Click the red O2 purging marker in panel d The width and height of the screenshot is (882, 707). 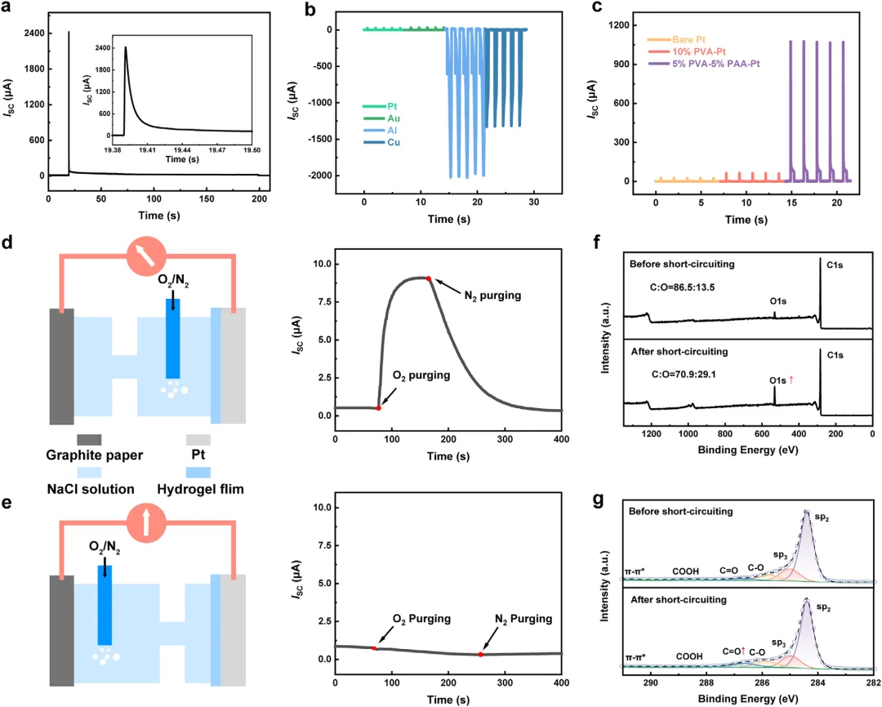click(378, 407)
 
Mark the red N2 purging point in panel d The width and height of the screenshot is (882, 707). click(429, 278)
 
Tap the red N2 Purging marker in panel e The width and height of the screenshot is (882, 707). click(480, 655)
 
